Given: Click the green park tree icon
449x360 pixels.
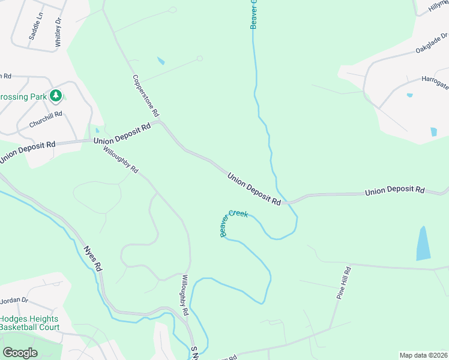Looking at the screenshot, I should tap(56, 95).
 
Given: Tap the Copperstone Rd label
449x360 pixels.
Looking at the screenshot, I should tap(146, 95).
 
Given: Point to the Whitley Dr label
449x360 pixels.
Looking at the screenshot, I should tap(59, 32).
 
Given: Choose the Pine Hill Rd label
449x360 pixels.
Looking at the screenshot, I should tap(343, 284).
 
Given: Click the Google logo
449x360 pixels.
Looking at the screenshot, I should tap(20, 353).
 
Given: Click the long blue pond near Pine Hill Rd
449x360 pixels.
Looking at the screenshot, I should tap(424, 243).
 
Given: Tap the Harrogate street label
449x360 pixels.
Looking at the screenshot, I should tap(434, 82).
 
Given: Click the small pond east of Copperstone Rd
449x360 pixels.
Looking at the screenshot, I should tap(160, 61).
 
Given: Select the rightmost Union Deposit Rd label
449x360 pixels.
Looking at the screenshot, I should tap(394, 191).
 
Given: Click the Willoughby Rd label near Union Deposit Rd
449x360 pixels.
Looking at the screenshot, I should tap(121, 161).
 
